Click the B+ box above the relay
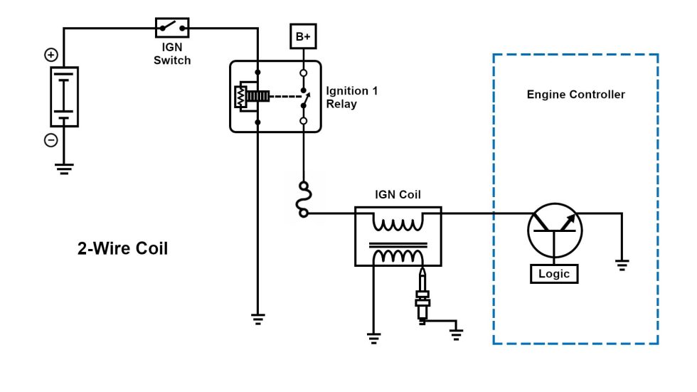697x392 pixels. [x=303, y=37]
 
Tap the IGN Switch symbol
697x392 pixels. [x=172, y=28]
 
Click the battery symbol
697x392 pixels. [x=64, y=97]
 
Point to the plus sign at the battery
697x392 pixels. [x=51, y=54]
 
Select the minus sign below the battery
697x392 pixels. [x=51, y=140]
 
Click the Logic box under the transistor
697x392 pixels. [x=555, y=273]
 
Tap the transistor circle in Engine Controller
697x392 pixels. [x=555, y=231]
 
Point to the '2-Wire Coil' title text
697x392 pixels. [x=122, y=250]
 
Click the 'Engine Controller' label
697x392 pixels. [x=575, y=95]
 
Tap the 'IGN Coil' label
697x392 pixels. [x=398, y=194]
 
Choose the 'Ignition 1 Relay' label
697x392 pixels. [x=351, y=97]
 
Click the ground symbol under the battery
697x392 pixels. [x=64, y=169]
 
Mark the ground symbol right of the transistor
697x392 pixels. [x=622, y=265]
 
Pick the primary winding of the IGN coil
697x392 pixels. [x=398, y=223]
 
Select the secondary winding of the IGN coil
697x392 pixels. [x=398, y=255]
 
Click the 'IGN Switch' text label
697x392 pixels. [x=172, y=55]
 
